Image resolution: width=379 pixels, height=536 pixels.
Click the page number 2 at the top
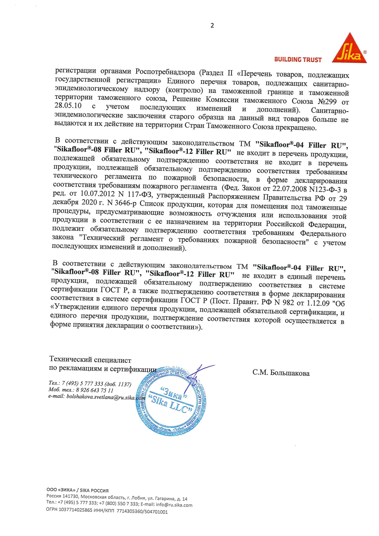[x=212, y=26]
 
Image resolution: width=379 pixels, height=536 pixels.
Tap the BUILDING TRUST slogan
[x=298, y=60]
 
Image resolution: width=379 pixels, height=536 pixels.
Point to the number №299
[x=327, y=101]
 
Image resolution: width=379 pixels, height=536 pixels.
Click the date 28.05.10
[x=68, y=105]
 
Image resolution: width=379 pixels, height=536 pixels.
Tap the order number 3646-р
[x=125, y=203]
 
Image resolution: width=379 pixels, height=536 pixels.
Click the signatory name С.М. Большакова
[x=281, y=373]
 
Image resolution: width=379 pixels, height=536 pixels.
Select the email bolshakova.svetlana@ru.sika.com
[x=97, y=397]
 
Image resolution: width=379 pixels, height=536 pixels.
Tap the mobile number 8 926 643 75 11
[x=94, y=390]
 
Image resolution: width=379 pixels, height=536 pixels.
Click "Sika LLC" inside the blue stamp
[x=170, y=404]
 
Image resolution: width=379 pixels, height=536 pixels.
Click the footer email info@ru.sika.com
[x=174, y=505]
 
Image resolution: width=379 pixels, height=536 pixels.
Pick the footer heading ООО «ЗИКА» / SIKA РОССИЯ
[x=77, y=490]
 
